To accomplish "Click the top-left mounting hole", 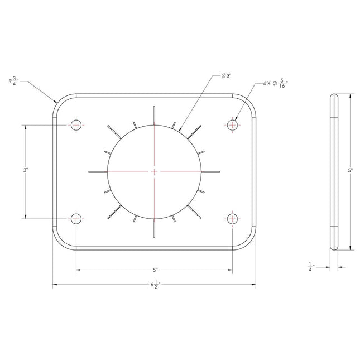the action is (x=76, y=125).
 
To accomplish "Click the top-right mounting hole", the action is (x=232, y=125).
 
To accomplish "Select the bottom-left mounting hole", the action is (x=76, y=219).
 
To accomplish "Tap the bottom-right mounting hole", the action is (x=232, y=219).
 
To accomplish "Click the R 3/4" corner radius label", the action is (x=14, y=81).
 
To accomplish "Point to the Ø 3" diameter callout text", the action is (x=226, y=76).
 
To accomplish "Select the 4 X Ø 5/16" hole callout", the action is (x=275, y=84).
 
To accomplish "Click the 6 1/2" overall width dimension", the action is (x=155, y=285).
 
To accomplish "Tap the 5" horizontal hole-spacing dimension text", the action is (x=155, y=270).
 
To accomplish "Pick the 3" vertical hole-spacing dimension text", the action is (x=26, y=170).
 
